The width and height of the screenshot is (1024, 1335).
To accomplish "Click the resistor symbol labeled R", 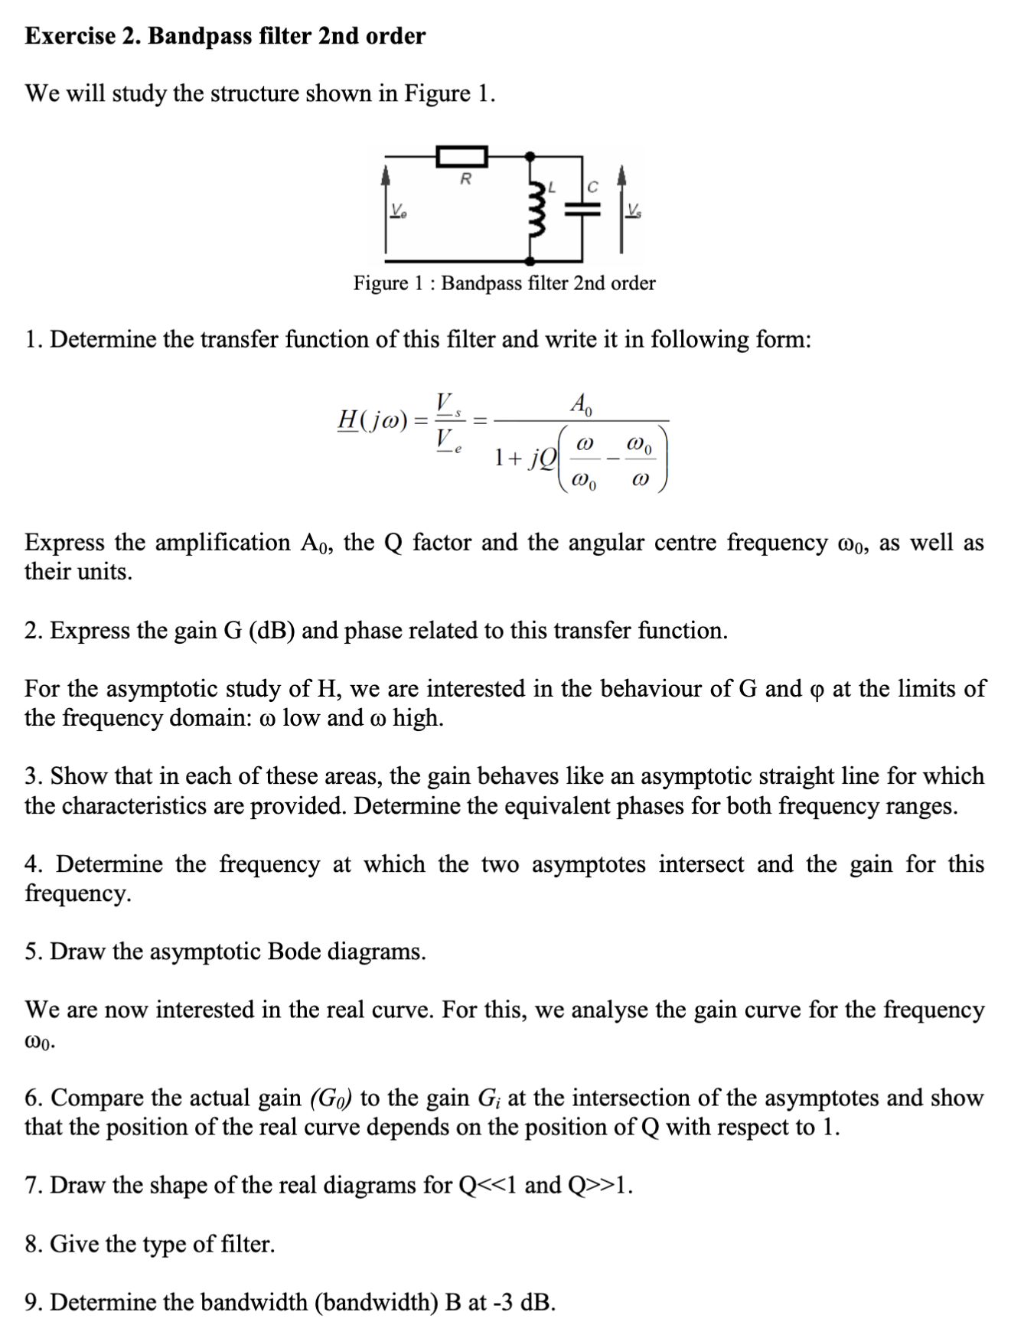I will (x=462, y=157).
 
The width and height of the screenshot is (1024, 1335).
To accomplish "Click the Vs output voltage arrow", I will (x=622, y=207).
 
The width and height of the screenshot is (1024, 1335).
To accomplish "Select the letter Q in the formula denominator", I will (x=549, y=458).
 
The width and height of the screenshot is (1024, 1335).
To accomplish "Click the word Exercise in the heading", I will (x=70, y=36).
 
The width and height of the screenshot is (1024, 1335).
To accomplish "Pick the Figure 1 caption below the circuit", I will (x=504, y=283).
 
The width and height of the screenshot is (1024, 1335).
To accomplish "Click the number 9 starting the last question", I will (x=31, y=1302).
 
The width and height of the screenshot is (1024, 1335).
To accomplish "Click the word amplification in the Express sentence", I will (x=223, y=543).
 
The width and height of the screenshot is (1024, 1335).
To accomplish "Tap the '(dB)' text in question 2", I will (x=272, y=631).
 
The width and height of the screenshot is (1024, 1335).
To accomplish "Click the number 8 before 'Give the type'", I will (x=31, y=1244).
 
